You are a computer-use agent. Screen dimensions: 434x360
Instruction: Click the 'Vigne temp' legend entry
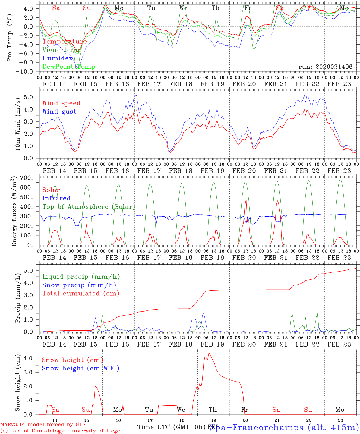62,50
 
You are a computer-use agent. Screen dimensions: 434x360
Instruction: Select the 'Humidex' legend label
58,58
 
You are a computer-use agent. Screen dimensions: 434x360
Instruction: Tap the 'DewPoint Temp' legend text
69,67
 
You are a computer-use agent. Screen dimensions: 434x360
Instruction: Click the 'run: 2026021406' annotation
325,67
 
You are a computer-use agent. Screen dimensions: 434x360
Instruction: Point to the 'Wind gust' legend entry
59,112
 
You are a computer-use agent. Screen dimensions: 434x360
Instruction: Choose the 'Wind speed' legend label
62,103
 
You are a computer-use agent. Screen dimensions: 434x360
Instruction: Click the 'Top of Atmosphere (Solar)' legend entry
89,207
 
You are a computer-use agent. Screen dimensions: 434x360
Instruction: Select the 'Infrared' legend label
56,198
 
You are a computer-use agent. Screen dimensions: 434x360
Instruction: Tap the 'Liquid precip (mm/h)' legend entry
81,277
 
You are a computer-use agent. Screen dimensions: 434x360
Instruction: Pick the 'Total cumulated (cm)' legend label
81,293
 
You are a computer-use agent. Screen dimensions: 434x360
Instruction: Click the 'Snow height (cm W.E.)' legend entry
81,368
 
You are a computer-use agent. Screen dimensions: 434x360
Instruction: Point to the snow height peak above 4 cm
209,353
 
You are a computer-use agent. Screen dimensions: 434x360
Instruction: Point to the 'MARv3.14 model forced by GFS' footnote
43,425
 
